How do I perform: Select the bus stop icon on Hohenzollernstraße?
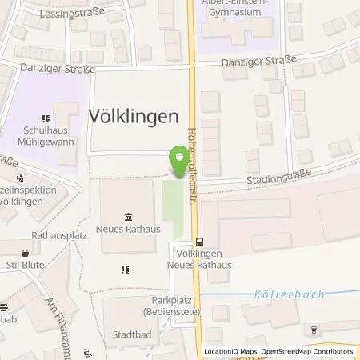199,243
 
